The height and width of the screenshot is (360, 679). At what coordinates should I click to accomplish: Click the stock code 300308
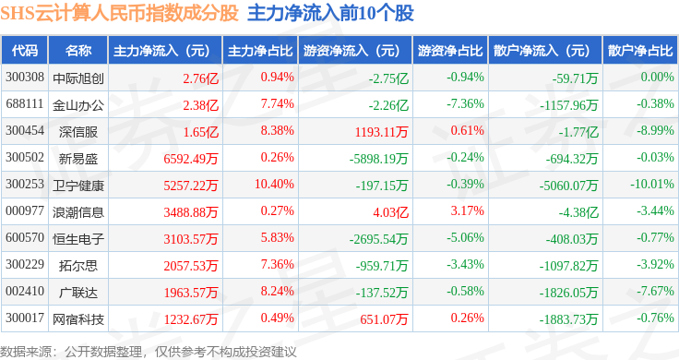(25, 78)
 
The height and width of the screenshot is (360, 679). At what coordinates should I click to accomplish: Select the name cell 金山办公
(78, 105)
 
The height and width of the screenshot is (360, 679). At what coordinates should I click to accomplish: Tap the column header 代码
(25, 50)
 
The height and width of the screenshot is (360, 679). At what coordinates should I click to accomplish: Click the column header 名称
(78, 50)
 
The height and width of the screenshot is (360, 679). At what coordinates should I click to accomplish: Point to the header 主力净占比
(260, 51)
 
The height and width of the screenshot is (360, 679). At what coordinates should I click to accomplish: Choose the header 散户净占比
(640, 51)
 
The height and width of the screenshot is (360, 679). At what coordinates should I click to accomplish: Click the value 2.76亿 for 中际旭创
(200, 78)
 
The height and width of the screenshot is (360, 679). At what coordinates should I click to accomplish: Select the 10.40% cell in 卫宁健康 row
(274, 184)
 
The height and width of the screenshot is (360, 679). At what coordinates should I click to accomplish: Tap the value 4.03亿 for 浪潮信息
(390, 212)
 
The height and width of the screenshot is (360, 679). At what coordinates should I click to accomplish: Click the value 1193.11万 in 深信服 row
(382, 132)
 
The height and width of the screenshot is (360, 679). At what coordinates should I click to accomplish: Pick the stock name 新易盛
(78, 159)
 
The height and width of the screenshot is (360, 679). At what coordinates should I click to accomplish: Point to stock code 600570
(25, 238)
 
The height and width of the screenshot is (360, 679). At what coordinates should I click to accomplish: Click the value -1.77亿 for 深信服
(578, 132)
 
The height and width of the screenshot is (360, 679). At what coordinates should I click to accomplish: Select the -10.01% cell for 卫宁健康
(651, 184)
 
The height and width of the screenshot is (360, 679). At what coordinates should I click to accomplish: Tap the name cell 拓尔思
(78, 266)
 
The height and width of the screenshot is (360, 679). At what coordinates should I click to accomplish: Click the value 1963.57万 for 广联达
(191, 293)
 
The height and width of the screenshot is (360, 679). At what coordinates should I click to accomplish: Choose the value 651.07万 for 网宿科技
(384, 319)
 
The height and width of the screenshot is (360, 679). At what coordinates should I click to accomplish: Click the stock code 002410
(25, 291)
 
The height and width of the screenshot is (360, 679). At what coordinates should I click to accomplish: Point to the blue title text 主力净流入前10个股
(331, 13)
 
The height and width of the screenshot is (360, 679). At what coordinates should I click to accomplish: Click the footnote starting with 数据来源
(149, 352)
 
